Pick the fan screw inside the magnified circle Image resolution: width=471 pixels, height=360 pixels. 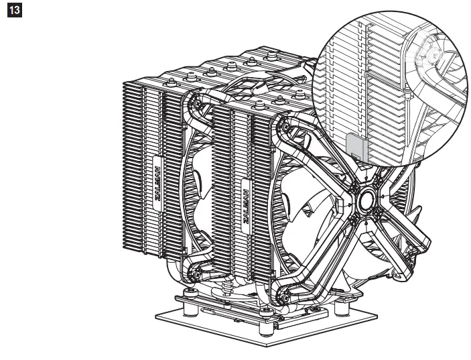(429, 50)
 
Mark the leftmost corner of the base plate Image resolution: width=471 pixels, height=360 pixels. (155, 314)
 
